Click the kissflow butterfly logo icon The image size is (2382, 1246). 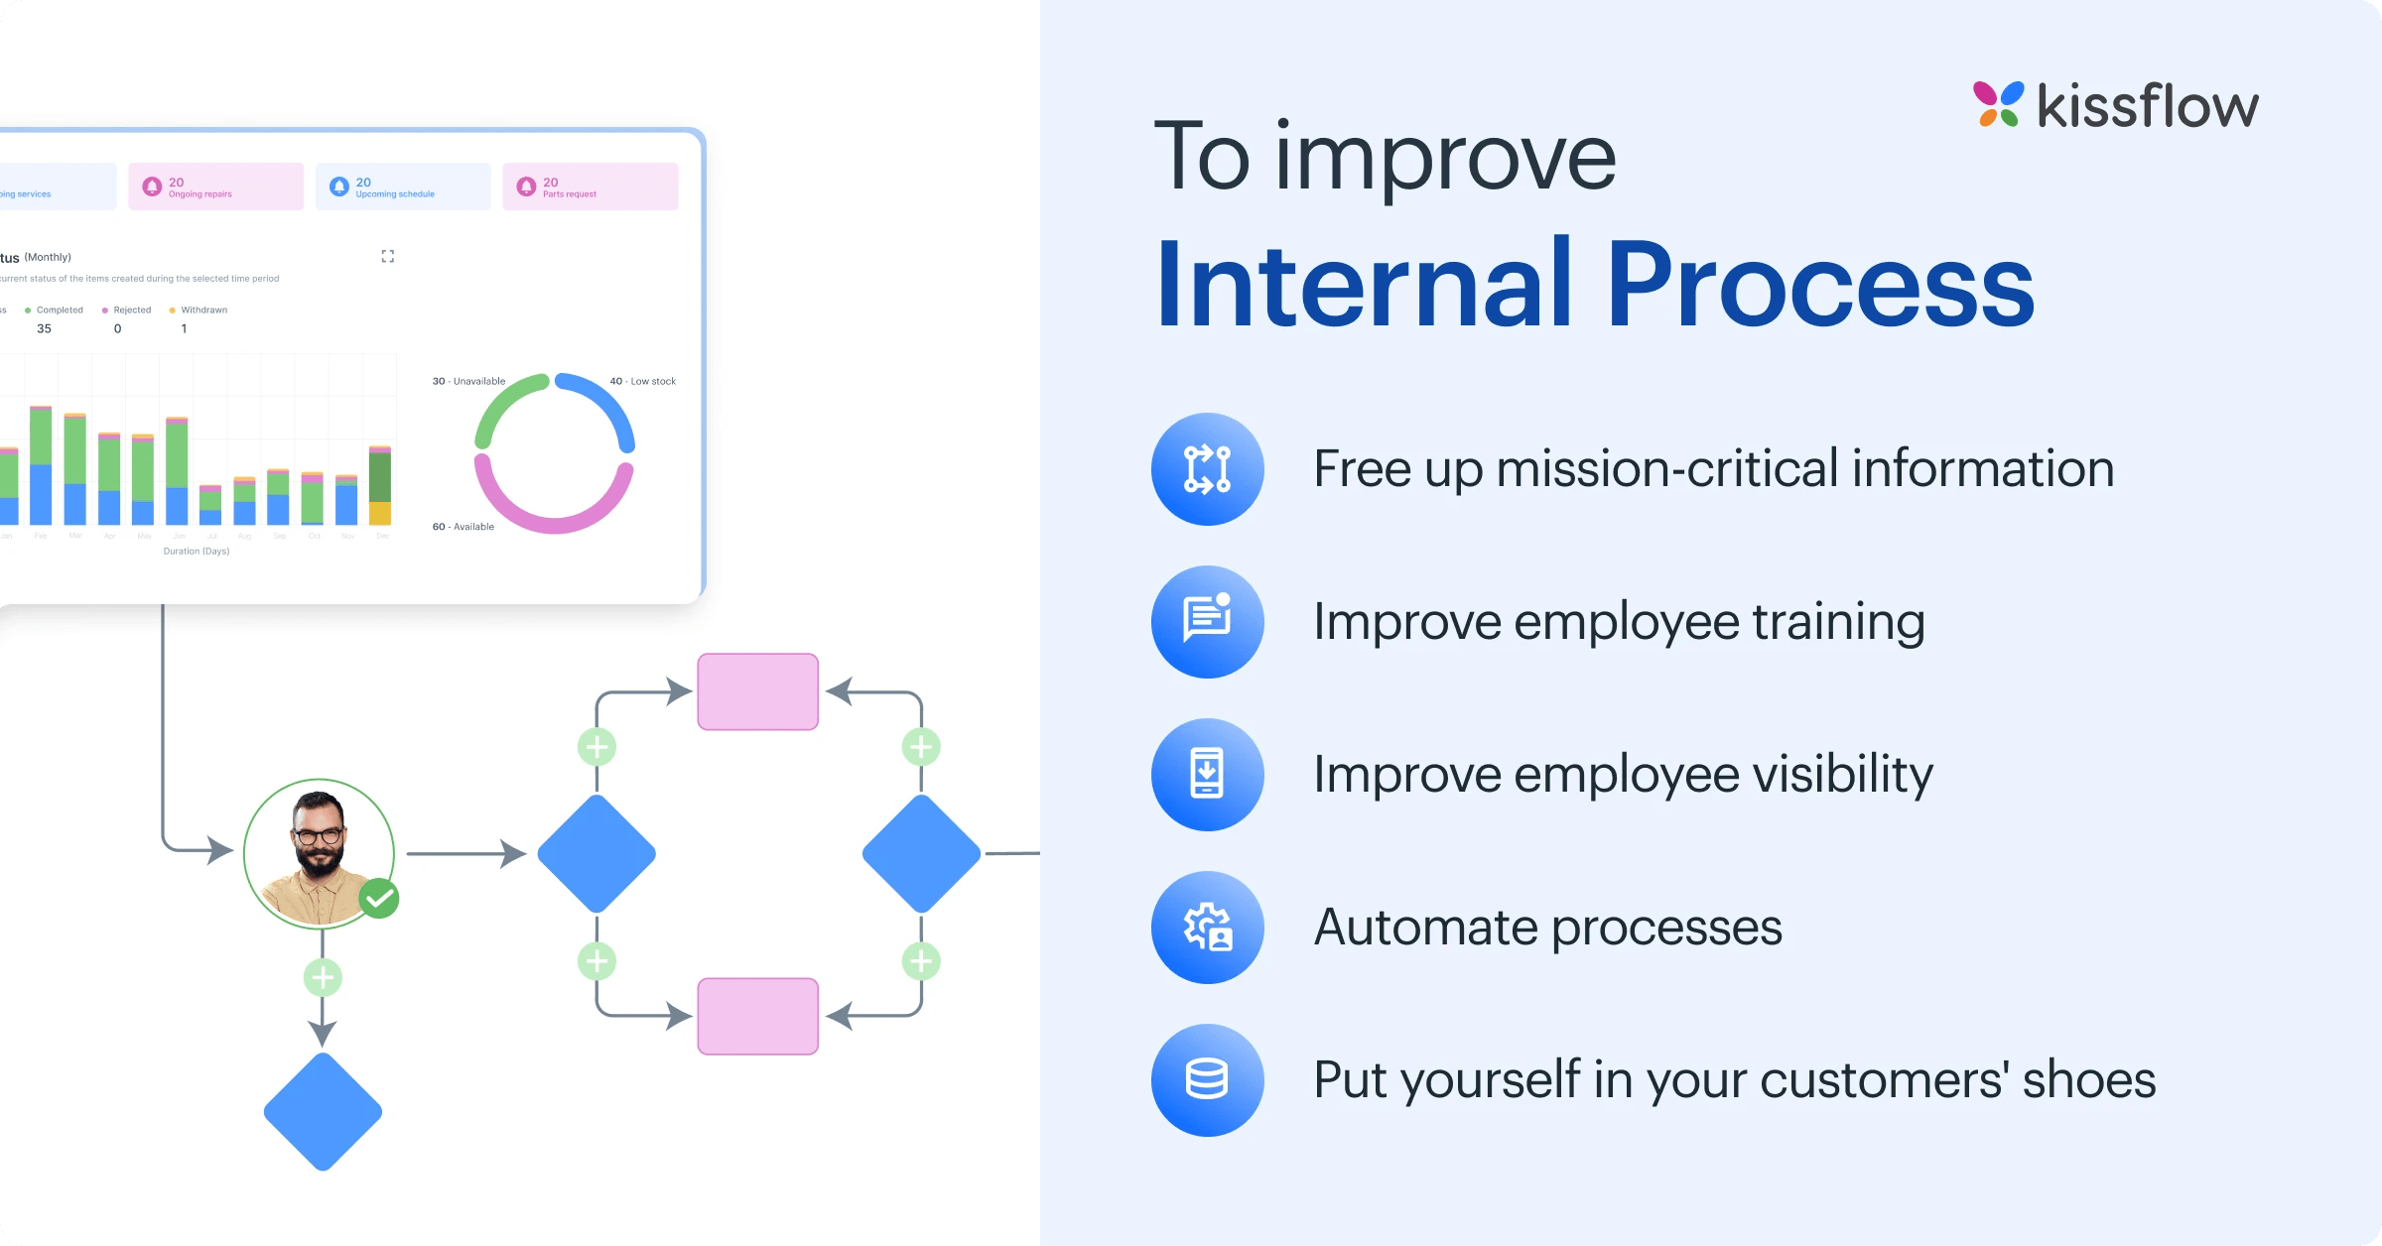pos(1998,104)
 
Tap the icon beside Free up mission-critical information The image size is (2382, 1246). pos(1207,469)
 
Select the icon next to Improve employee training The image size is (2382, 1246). pos(1207,622)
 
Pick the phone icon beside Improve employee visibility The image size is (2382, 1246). pos(1207,775)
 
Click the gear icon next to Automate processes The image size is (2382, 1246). pos(1207,928)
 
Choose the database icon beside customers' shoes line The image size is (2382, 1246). pos(1207,1080)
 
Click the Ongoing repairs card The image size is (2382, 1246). pos(215,187)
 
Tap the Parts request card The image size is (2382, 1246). pos(590,187)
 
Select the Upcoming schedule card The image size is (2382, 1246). pos(403,187)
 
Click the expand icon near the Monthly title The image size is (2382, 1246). pos(388,256)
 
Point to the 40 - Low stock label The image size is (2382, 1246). pos(642,381)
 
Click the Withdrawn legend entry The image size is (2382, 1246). pos(202,311)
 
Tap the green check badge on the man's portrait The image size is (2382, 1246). pos(378,899)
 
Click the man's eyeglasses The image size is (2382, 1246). pos(318,835)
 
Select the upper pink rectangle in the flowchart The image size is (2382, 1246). pos(757,691)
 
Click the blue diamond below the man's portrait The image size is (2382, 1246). pos(323,1111)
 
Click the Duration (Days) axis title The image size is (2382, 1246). pos(197,552)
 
